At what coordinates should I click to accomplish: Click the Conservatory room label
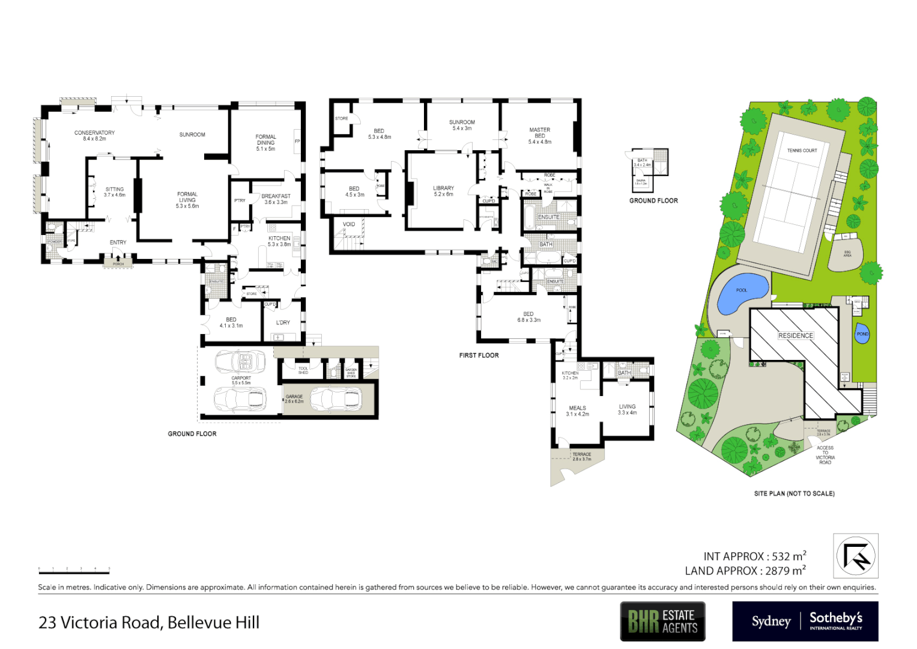pyautogui.click(x=94, y=133)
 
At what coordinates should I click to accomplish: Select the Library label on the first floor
pyautogui.click(x=443, y=189)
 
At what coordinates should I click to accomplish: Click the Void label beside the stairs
pyautogui.click(x=349, y=224)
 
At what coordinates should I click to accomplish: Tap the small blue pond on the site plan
pyautogui.click(x=862, y=335)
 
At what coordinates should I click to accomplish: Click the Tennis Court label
pyautogui.click(x=802, y=151)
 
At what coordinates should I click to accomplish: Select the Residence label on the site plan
pyautogui.click(x=795, y=335)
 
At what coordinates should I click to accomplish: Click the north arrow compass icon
pyautogui.click(x=855, y=556)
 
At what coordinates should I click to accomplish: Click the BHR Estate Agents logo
pyautogui.click(x=662, y=621)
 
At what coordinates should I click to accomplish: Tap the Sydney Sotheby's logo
pyautogui.click(x=805, y=621)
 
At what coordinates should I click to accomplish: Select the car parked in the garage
pyautogui.click(x=336, y=398)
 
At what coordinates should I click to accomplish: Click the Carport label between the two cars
pyautogui.click(x=241, y=379)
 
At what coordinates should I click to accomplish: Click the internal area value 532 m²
pyautogui.click(x=788, y=556)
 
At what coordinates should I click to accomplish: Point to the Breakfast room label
pyautogui.click(x=276, y=197)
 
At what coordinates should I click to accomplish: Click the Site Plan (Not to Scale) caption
pyautogui.click(x=794, y=493)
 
